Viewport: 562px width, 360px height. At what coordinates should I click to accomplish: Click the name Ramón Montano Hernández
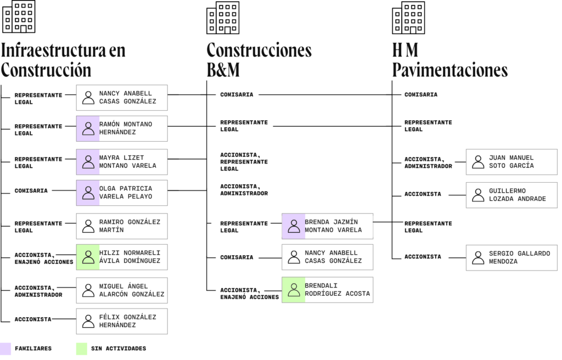click(126, 128)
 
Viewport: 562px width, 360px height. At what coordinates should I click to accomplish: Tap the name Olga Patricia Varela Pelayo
click(126, 193)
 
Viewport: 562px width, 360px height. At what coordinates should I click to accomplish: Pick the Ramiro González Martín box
click(122, 226)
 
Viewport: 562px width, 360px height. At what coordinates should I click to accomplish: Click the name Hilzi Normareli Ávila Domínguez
click(130, 257)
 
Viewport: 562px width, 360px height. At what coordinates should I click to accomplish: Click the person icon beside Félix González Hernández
click(88, 321)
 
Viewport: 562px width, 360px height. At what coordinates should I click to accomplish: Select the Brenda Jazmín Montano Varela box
click(328, 226)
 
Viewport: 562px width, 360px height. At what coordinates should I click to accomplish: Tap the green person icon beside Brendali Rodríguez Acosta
click(294, 290)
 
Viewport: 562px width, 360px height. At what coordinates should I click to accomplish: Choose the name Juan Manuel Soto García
click(511, 162)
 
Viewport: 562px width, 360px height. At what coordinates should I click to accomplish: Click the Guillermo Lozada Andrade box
click(512, 195)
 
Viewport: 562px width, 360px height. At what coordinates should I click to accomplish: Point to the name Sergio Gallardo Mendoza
click(519, 257)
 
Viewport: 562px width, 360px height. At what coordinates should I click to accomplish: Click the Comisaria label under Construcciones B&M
click(237, 95)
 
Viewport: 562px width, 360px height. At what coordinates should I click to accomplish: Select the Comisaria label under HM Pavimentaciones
click(421, 95)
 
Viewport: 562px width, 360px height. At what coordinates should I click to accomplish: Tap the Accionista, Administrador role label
click(244, 190)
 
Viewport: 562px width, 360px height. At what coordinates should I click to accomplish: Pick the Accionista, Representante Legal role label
click(244, 162)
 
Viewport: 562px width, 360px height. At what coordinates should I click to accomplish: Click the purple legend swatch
click(5, 348)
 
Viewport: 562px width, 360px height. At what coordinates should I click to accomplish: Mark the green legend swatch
click(81, 348)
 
